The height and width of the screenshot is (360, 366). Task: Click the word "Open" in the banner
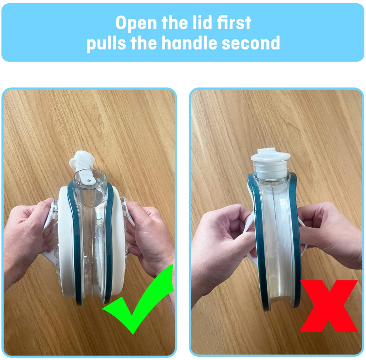[x=136, y=23]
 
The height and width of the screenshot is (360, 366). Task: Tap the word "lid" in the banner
[x=202, y=22]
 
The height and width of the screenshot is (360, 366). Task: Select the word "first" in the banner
[x=234, y=22]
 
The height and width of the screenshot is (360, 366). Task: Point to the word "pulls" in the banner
[x=106, y=44]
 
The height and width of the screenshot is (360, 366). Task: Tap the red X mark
[x=329, y=306]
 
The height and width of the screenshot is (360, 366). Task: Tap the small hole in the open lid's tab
[x=89, y=180]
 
